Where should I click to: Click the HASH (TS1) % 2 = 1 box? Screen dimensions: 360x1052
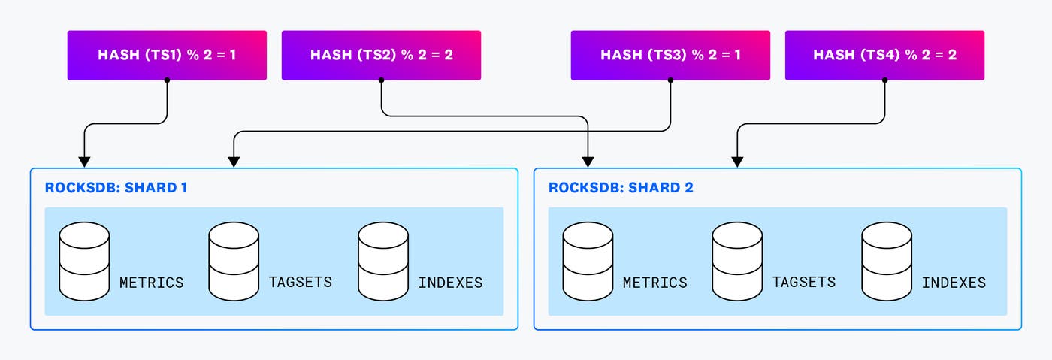(x=167, y=55)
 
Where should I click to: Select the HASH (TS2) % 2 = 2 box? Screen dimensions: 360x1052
(x=381, y=55)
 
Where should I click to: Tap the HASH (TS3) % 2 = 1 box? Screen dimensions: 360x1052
(x=670, y=55)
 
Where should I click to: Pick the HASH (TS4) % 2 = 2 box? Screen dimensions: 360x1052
(x=884, y=55)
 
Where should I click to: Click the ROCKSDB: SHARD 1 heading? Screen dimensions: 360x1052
(x=116, y=188)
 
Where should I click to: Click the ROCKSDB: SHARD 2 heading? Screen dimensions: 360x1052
(x=621, y=188)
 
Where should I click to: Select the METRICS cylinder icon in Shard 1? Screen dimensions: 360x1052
(x=85, y=260)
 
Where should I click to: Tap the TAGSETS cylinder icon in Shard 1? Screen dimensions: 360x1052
(x=234, y=260)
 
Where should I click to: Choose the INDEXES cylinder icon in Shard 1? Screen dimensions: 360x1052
(x=383, y=260)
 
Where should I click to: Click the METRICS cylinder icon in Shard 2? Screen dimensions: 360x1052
(x=588, y=260)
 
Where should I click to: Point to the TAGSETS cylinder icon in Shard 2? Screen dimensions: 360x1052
(x=737, y=260)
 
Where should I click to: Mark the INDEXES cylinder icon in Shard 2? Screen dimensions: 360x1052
(x=887, y=260)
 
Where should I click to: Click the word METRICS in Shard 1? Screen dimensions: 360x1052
(x=152, y=283)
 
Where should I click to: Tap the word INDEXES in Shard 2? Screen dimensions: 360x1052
(x=954, y=283)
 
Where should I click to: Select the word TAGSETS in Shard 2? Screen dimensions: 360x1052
(x=804, y=283)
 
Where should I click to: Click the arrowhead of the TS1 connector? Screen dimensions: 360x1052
(x=84, y=162)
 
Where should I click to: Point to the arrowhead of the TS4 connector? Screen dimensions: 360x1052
(x=738, y=162)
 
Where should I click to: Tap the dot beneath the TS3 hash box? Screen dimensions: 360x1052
(x=670, y=80)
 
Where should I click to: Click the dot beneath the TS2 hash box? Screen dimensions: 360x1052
(x=381, y=80)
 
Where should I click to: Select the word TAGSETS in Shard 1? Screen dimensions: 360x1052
(x=301, y=283)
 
